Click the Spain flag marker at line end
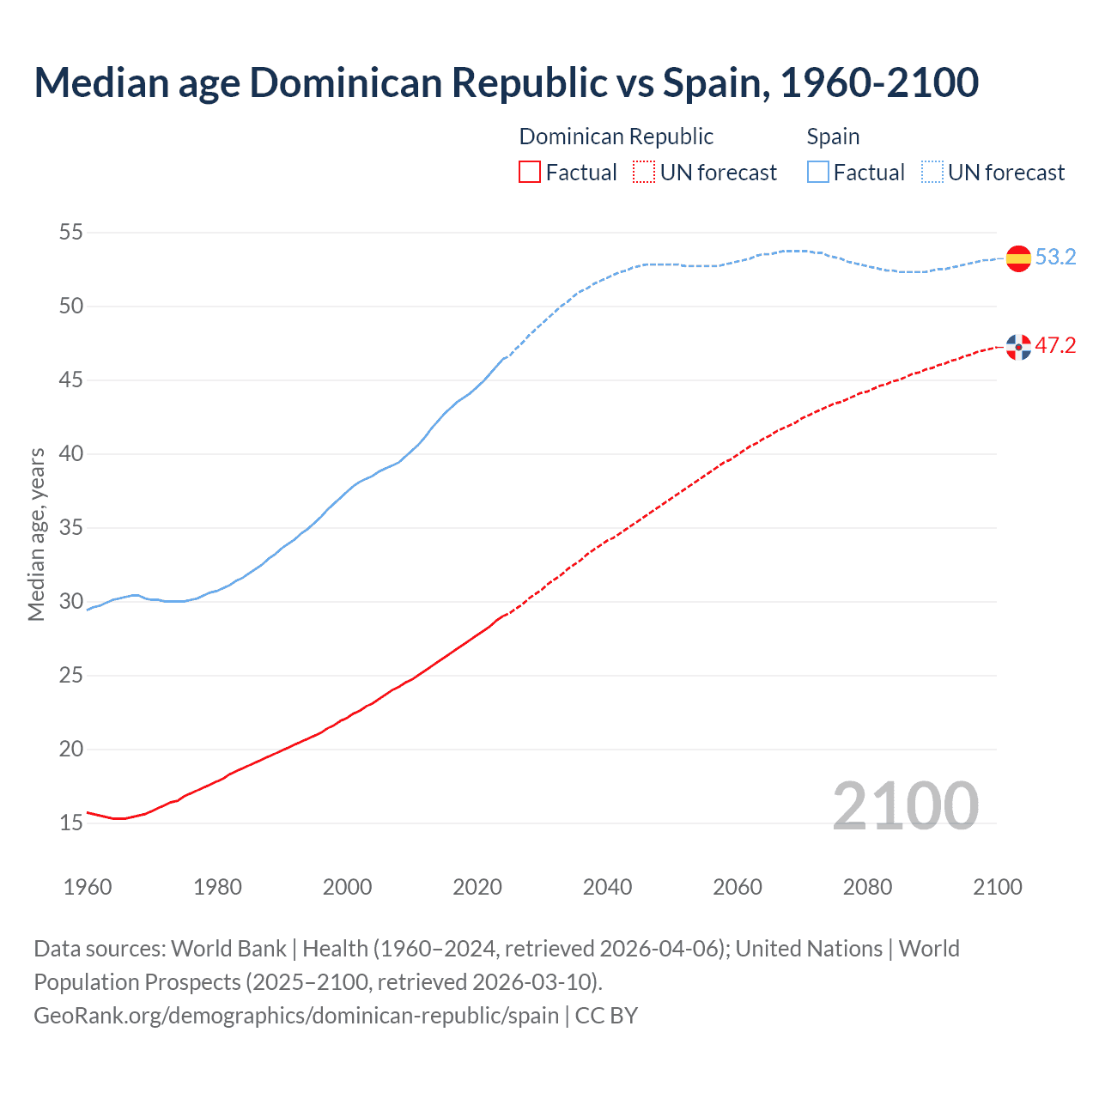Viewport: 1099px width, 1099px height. click(x=1018, y=258)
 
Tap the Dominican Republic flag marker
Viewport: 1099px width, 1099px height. click(x=1018, y=347)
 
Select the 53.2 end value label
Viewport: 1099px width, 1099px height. click(x=1055, y=258)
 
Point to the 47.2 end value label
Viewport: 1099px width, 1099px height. click(x=1055, y=346)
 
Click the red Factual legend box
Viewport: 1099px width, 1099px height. click(x=530, y=173)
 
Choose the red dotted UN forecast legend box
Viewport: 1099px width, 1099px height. click(x=644, y=173)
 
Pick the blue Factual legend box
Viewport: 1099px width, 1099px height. click(x=818, y=173)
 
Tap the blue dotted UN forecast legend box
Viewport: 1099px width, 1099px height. click(x=932, y=173)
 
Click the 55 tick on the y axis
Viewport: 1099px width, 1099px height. click(x=71, y=233)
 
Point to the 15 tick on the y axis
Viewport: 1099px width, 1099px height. click(x=71, y=823)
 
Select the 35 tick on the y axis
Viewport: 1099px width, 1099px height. click(x=71, y=528)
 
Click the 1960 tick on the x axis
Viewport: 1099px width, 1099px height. click(x=88, y=887)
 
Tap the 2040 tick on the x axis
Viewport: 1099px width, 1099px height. click(x=607, y=887)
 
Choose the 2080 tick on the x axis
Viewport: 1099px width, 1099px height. click(x=867, y=887)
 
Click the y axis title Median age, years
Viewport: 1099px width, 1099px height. click(x=36, y=534)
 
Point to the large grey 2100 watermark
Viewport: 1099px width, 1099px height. click(x=905, y=805)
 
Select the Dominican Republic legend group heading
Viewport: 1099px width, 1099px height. click(x=616, y=137)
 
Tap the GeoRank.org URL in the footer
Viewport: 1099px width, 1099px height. click(x=296, y=1016)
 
